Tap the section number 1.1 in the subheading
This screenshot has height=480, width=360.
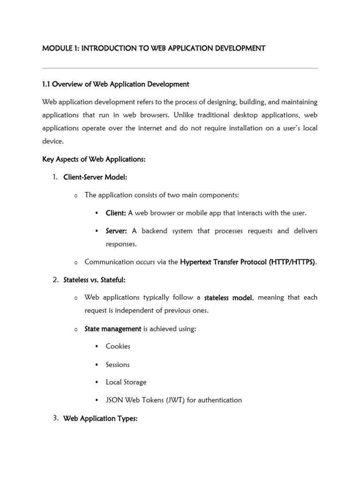pyautogui.click(x=46, y=84)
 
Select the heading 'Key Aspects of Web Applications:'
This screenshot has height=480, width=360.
pyautogui.click(x=94, y=159)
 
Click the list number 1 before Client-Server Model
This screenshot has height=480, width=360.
pyautogui.click(x=55, y=177)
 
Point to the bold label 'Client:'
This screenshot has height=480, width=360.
pyautogui.click(x=116, y=213)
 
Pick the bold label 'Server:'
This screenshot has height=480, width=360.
pyautogui.click(x=116, y=231)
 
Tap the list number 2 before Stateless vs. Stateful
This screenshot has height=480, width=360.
pyautogui.click(x=55, y=280)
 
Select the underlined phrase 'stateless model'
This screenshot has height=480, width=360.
pyautogui.click(x=229, y=298)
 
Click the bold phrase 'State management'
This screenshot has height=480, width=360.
pyautogui.click(x=112, y=329)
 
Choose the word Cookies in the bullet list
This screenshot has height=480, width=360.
pyautogui.click(x=118, y=346)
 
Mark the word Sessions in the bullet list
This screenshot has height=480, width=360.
pyautogui.click(x=118, y=364)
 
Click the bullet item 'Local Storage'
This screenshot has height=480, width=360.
pyautogui.click(x=126, y=382)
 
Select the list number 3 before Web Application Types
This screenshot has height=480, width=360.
pyautogui.click(x=55, y=418)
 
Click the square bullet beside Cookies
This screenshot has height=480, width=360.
pyautogui.click(x=96, y=346)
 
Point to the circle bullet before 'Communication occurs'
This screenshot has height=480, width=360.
pyautogui.click(x=75, y=262)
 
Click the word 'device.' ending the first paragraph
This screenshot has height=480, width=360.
pyautogui.click(x=52, y=141)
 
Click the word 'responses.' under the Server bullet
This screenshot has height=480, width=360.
pyautogui.click(x=122, y=244)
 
